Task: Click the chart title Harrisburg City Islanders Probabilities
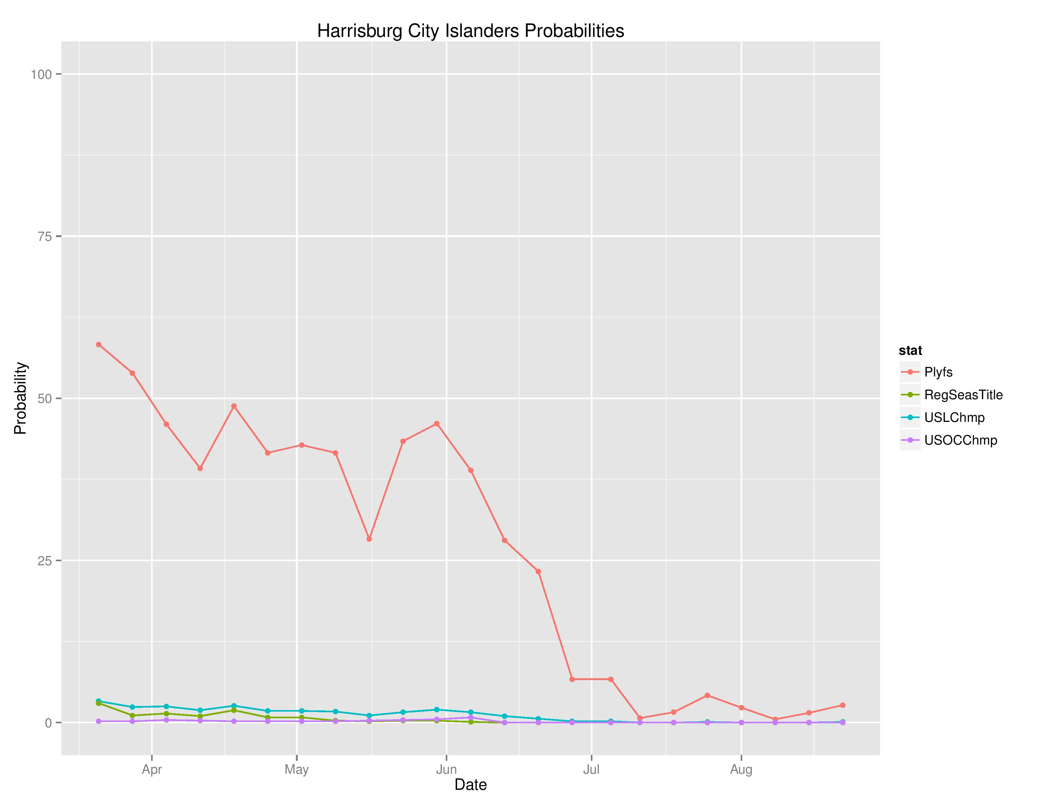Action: point(470,31)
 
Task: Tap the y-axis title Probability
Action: point(21,398)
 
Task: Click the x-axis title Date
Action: point(470,784)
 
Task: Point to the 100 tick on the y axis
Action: point(41,74)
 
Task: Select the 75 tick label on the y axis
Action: point(44,236)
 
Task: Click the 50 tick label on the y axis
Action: point(44,399)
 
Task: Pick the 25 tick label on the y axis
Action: point(44,561)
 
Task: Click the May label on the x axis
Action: point(297,770)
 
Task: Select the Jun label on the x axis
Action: point(446,770)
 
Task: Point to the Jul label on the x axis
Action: point(591,770)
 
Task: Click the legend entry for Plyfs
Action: point(938,372)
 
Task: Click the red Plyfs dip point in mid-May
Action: point(369,539)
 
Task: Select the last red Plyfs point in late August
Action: point(842,705)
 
